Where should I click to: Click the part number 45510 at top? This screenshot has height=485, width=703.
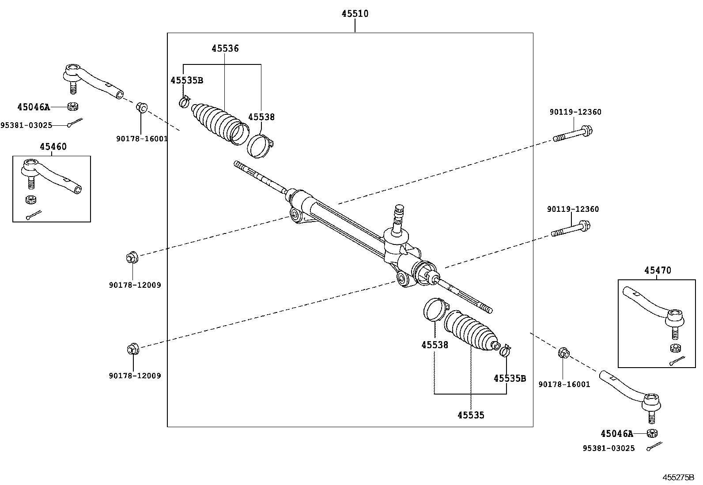click(355, 14)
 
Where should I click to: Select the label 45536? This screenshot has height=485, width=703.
click(225, 49)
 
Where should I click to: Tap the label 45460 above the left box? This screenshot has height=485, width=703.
click(53, 147)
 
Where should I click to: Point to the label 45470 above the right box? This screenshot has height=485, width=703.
click(657, 270)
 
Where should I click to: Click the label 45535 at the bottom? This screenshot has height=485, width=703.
click(471, 415)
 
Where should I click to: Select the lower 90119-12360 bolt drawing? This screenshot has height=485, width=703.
click(571, 229)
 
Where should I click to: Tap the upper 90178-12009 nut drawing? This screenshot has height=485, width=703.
click(132, 257)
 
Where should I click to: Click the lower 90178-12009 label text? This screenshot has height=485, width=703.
click(135, 376)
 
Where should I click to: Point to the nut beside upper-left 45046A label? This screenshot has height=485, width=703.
click(73, 107)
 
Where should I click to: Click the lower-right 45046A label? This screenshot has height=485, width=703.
click(616, 434)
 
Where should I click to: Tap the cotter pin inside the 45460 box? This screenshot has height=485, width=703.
click(33, 215)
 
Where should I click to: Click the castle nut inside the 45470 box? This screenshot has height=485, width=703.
click(674, 348)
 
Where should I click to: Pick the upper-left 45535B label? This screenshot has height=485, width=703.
click(186, 80)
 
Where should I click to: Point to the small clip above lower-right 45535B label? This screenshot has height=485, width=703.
click(505, 351)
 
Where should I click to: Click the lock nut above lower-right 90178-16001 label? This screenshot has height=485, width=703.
click(563, 353)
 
